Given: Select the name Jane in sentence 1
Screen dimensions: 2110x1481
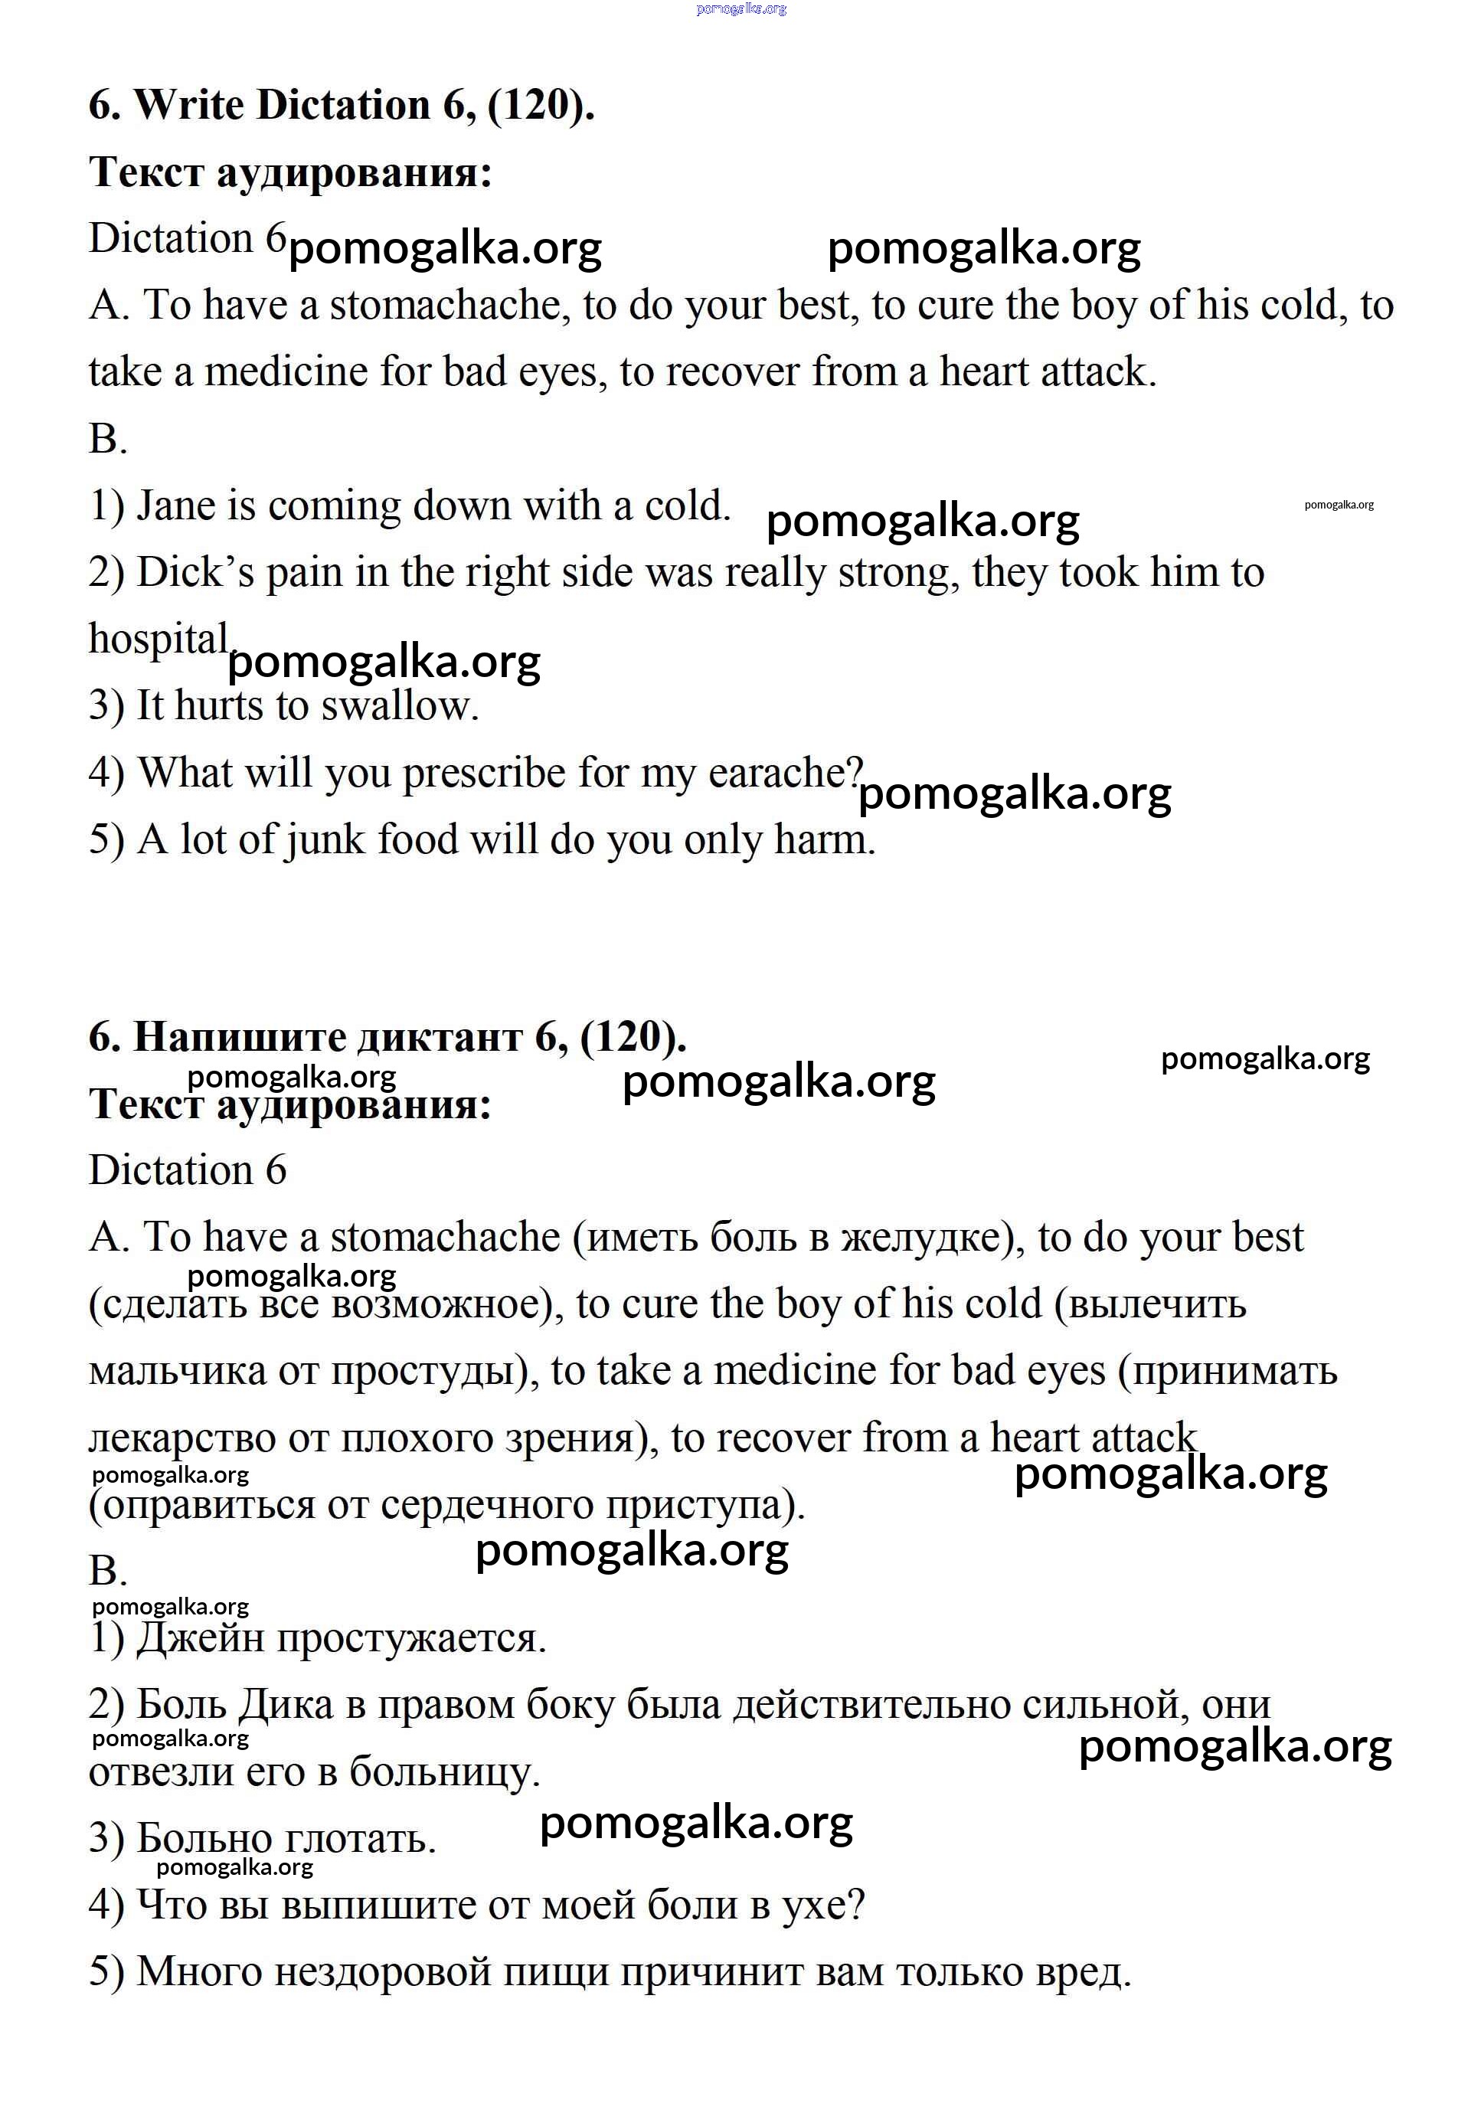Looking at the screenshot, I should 175,506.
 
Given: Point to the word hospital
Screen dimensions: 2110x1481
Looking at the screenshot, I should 157,640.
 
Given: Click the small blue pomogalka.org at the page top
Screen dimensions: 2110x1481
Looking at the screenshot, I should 740,9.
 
